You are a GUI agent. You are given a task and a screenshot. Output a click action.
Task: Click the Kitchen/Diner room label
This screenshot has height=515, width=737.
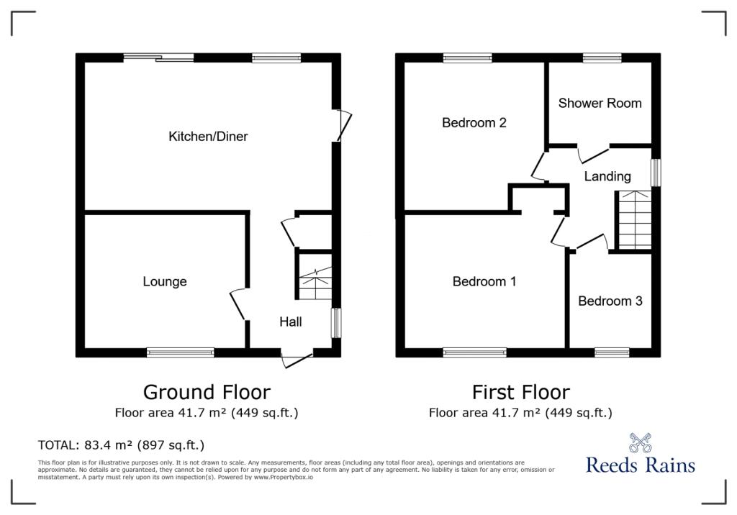click(x=208, y=136)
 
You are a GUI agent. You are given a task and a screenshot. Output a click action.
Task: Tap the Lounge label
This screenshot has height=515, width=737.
click(x=165, y=281)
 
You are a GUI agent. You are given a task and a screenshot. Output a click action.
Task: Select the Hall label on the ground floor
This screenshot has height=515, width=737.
click(x=291, y=322)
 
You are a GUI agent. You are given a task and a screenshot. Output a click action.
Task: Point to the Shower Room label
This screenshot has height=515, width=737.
click(x=600, y=103)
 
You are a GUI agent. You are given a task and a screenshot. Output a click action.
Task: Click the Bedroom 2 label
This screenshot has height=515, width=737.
click(x=474, y=123)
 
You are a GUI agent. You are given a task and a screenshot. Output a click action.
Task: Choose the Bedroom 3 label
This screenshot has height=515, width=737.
click(x=610, y=301)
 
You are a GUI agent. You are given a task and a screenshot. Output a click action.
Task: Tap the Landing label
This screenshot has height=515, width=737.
click(x=607, y=177)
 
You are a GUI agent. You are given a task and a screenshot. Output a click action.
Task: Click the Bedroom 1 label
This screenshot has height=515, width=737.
click(x=484, y=281)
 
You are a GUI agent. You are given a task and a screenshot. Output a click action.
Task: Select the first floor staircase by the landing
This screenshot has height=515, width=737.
click(x=635, y=220)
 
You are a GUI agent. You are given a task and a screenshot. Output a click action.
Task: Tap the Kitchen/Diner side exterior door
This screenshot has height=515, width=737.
click(x=343, y=125)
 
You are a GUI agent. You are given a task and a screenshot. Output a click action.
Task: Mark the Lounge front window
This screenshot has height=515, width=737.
click(x=181, y=352)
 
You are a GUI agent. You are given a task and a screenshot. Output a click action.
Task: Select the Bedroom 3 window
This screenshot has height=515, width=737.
click(x=612, y=352)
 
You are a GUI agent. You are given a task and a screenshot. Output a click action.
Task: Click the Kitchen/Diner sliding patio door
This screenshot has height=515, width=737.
click(x=158, y=58)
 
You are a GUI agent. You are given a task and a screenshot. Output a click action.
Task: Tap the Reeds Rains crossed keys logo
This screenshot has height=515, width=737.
click(x=640, y=442)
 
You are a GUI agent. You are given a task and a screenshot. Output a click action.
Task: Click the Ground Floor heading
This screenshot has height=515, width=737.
click(x=207, y=392)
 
